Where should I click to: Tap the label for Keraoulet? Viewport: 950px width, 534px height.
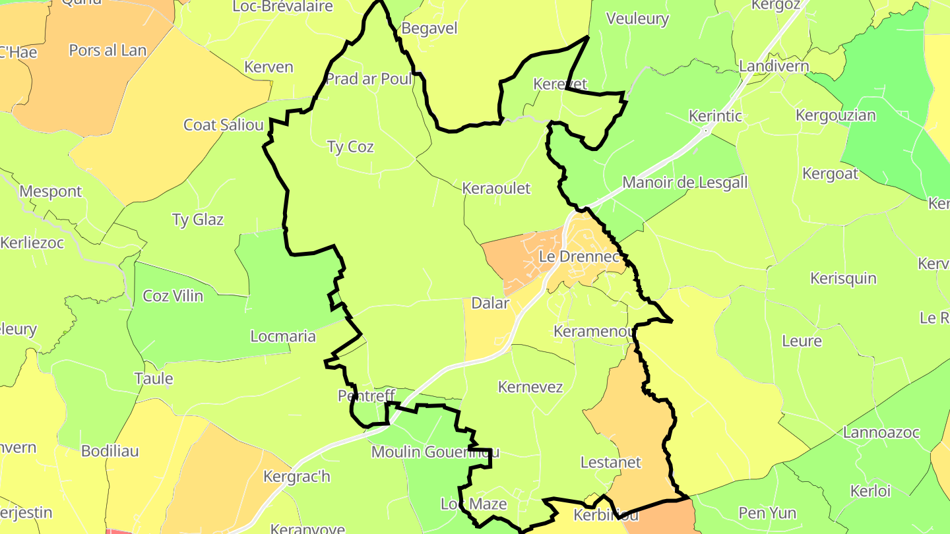point(496,188)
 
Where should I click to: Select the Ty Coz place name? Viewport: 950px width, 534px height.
point(350,146)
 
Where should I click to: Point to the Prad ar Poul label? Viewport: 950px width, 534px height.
point(369,79)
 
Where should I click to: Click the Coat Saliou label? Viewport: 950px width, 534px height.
point(224,125)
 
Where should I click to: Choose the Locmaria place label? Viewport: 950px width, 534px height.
point(283,336)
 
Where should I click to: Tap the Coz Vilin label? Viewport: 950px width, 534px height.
point(173,295)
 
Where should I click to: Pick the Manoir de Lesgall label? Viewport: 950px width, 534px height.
point(685,182)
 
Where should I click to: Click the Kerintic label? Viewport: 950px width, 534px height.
point(715,116)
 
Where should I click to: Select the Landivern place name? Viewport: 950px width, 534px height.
point(774,66)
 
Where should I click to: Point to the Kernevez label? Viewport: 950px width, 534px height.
point(530,386)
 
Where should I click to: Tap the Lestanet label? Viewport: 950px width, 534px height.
point(610,462)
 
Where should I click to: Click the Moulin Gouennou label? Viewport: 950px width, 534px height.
point(435,452)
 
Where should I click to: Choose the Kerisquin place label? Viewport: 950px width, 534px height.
point(843,278)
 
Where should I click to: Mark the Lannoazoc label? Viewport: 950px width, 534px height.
point(881,432)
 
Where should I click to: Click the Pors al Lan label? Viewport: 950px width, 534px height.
point(108,50)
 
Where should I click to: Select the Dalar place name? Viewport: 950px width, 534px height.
point(490,303)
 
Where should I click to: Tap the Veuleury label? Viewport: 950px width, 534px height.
point(637,18)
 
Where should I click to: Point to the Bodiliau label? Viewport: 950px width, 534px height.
point(110,451)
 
